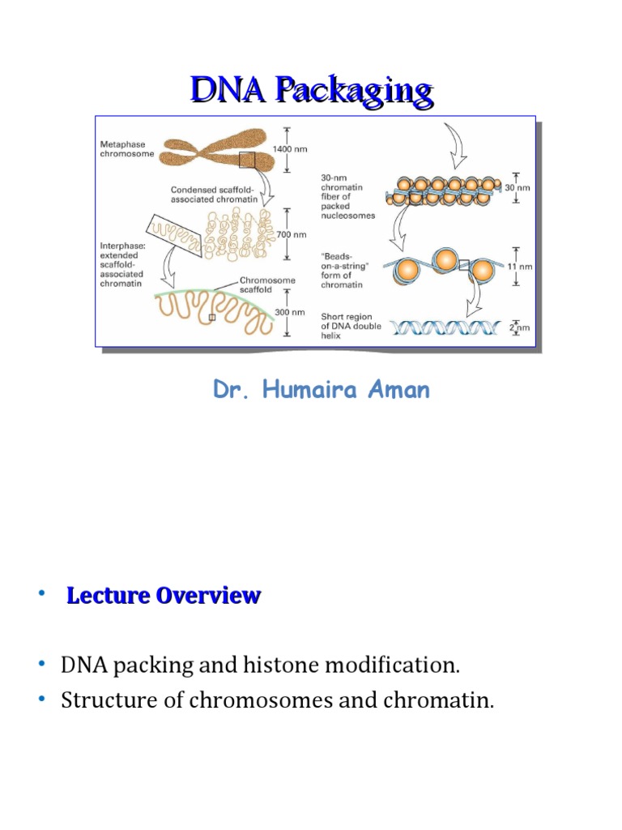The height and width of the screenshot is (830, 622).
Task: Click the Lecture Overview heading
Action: tap(164, 596)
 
